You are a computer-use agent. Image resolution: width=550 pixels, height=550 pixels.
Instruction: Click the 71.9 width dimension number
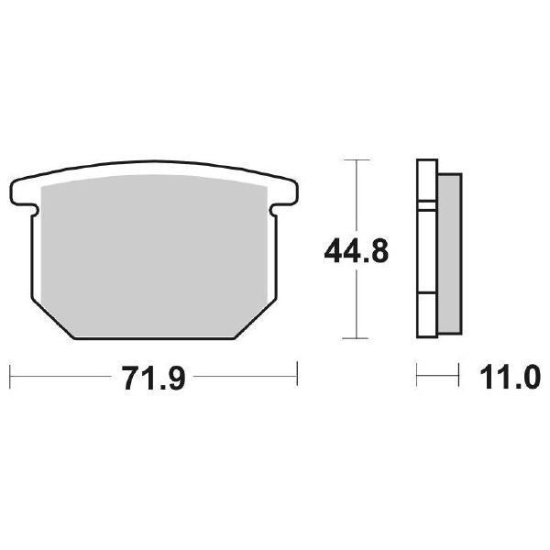pos(151,376)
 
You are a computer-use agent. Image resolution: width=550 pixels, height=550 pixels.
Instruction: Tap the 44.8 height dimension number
pos(353,249)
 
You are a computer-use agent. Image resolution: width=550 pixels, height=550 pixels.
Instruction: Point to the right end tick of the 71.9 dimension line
pos(297,374)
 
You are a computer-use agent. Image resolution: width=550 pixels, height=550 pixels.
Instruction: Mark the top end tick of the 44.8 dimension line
pos(353,159)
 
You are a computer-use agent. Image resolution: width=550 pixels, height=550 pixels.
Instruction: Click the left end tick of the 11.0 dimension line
pos(417,374)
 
